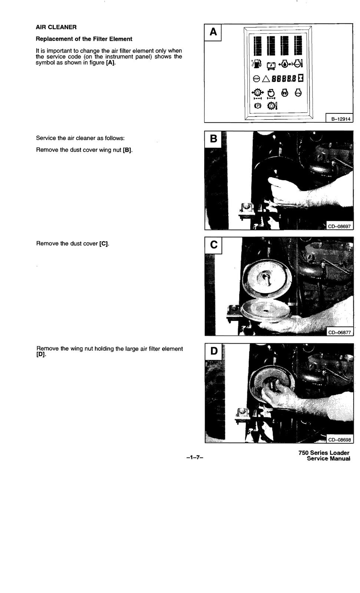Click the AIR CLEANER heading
(x=56, y=27)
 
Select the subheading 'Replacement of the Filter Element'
(x=84, y=39)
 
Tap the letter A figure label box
(x=213, y=32)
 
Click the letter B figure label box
(x=214, y=139)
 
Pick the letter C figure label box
(x=214, y=245)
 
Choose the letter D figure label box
(x=214, y=351)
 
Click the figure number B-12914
(x=339, y=119)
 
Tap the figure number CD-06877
(x=339, y=332)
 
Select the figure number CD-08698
(x=339, y=440)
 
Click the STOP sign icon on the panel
(x=256, y=79)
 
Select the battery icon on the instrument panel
(x=271, y=65)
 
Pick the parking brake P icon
(x=258, y=106)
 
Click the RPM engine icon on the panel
(x=298, y=93)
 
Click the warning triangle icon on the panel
(x=265, y=79)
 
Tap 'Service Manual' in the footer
(x=328, y=459)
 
